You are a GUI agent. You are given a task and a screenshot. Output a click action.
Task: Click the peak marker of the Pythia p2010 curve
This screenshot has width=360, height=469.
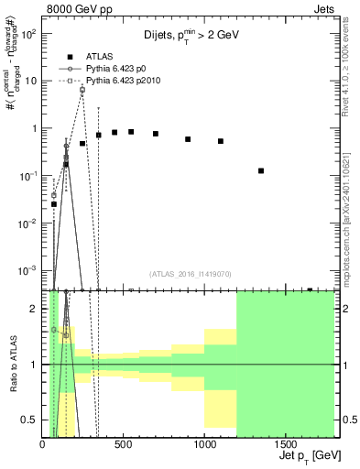point(82,90)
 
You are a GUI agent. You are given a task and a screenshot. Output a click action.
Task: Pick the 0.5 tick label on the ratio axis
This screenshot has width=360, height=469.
point(30,420)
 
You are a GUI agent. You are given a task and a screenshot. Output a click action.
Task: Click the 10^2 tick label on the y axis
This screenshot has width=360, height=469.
point(29,33)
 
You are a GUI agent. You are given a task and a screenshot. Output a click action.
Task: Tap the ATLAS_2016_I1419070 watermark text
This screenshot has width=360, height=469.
point(189,273)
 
